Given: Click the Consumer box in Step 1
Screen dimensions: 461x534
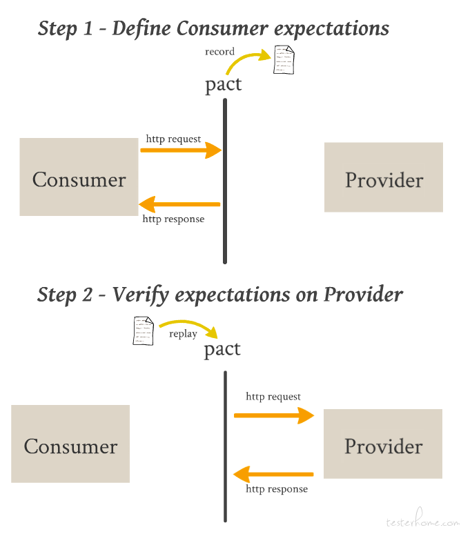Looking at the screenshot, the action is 79,177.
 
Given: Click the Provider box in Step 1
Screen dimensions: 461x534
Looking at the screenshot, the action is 384,177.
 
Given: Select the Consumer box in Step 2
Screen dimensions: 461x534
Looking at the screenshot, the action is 70,444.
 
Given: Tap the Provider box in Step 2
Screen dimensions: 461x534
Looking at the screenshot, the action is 383,444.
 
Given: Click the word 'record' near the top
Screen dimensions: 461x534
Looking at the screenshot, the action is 219,52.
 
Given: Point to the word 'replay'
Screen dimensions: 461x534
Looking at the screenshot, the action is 183,334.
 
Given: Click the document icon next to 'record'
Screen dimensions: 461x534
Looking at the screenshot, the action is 284,59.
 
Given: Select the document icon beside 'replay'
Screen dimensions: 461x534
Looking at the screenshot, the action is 143,330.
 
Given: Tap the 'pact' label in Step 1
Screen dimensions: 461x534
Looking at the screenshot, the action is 223,84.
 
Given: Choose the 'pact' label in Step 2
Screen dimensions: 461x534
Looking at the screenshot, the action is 222,349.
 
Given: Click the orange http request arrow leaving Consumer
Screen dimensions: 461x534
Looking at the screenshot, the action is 181,150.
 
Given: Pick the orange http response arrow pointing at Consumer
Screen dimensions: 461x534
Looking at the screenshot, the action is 179,204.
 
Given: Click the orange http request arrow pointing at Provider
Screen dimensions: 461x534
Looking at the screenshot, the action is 274,415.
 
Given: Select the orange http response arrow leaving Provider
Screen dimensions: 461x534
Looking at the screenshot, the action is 273,474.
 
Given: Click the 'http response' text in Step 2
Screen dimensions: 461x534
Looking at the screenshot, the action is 277,489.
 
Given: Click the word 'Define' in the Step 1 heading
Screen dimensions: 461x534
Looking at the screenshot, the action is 141,28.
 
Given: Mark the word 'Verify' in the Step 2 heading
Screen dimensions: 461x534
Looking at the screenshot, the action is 140,295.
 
